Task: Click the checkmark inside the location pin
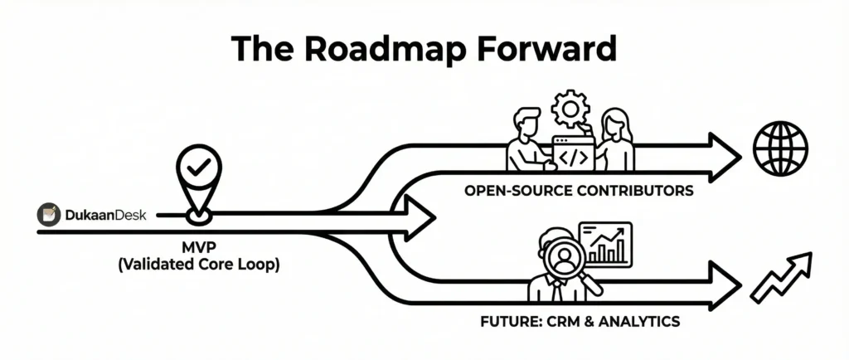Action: [x=197, y=169]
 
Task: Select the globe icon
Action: [x=779, y=150]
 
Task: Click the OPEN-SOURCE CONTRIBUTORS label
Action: [x=579, y=191]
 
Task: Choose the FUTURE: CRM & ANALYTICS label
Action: [x=579, y=319]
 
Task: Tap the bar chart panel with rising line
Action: [x=605, y=244]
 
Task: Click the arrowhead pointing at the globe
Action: [x=723, y=156]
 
